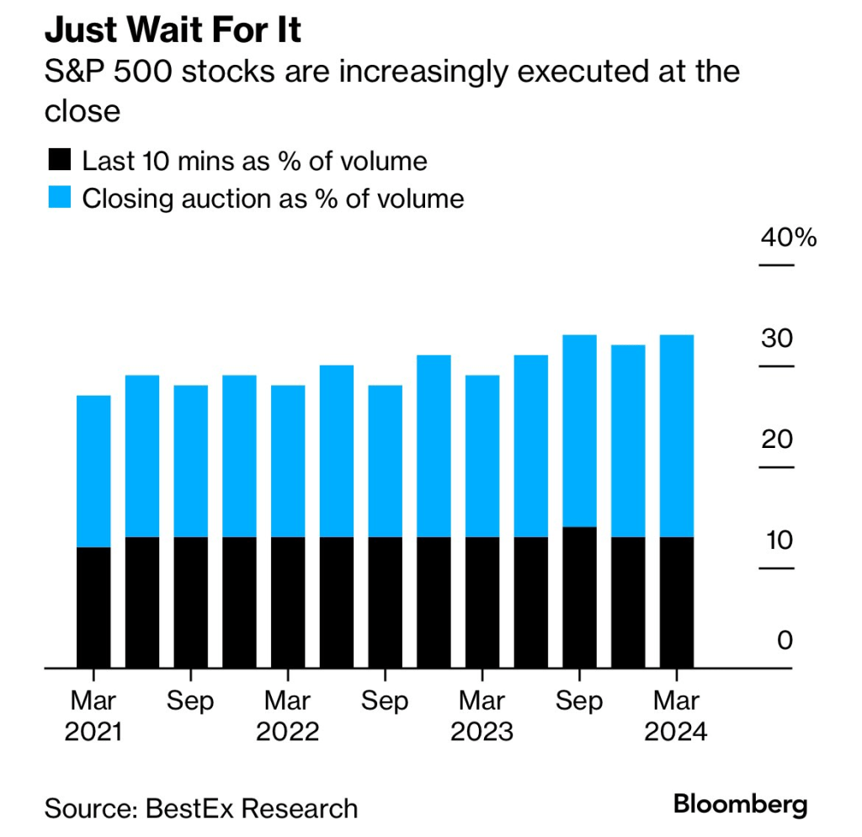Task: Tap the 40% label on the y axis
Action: coord(789,238)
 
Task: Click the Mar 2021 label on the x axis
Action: coord(93,716)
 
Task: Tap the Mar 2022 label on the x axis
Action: coord(287,716)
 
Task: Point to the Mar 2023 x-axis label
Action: coord(482,716)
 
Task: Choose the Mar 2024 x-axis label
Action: coord(676,716)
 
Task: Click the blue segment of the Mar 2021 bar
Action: coord(93,472)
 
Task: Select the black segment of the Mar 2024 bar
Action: coord(677,602)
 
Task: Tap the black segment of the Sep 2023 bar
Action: coord(579,597)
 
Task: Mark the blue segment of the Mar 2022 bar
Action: coord(287,461)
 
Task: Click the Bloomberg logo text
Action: coord(740,804)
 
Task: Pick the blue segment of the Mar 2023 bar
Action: coord(482,456)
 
